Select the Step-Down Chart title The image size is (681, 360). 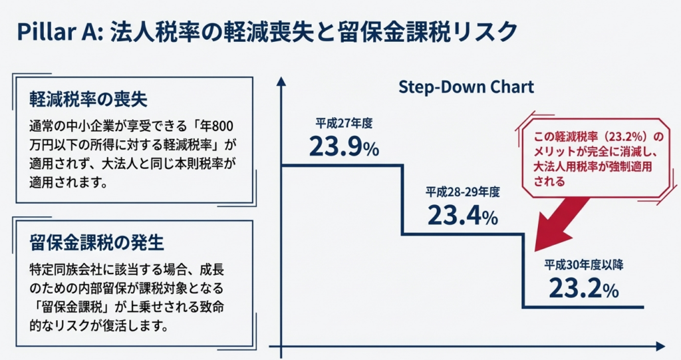click(x=466, y=87)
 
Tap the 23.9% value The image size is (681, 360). click(x=344, y=146)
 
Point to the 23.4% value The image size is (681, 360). click(x=463, y=215)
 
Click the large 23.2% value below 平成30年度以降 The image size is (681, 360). click(x=584, y=288)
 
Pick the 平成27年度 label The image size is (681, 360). click(x=344, y=124)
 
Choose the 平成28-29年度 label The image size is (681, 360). click(x=463, y=192)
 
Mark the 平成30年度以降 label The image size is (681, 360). click(x=584, y=264)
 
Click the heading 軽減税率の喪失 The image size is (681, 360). click(x=88, y=100)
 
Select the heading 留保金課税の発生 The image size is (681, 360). click(x=97, y=243)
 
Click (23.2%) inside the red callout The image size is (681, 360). click(x=622, y=137)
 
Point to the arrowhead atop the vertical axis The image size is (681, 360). click(x=281, y=81)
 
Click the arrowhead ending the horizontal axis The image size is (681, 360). click(x=660, y=346)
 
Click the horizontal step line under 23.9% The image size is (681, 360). click(x=342, y=165)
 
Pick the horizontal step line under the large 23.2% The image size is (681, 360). click(x=583, y=307)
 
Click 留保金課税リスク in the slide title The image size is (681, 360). click(x=429, y=32)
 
